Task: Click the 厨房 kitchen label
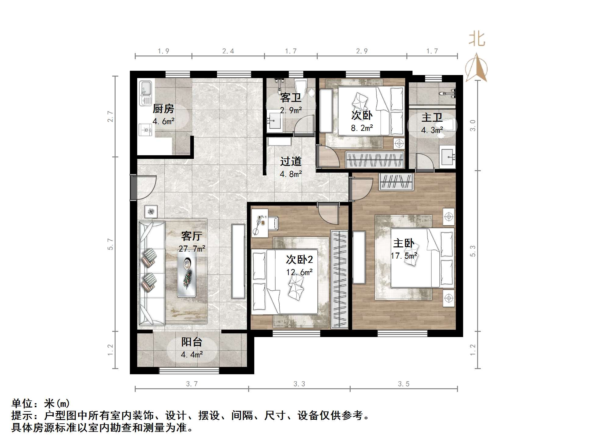click(x=163, y=108)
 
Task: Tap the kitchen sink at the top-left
click(x=145, y=92)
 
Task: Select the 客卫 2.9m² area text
click(x=291, y=110)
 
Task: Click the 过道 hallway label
click(x=291, y=161)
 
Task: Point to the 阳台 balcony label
click(x=191, y=342)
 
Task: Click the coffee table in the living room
click(x=187, y=274)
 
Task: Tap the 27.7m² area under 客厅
click(x=192, y=249)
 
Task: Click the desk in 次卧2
click(x=260, y=223)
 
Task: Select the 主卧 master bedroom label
click(x=403, y=243)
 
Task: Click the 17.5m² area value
click(x=404, y=256)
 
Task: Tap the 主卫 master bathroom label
click(x=432, y=117)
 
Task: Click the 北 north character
click(x=477, y=40)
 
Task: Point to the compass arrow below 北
click(x=477, y=68)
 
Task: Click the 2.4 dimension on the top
click(x=228, y=51)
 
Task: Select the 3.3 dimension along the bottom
click(x=299, y=384)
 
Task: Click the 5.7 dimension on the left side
click(x=110, y=244)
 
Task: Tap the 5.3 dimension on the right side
click(x=473, y=251)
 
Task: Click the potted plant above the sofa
click(x=151, y=211)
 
